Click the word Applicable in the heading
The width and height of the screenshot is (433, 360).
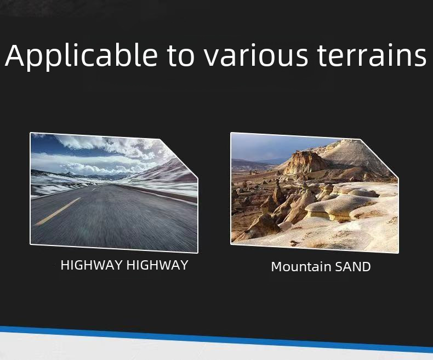81,56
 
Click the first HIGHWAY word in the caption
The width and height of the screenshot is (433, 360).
92,265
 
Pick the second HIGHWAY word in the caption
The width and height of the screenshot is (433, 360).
157,265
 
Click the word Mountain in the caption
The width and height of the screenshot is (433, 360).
301,267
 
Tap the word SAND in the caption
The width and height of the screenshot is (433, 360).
352,267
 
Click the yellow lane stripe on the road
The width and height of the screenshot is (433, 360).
58,211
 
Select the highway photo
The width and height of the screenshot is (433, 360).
114,192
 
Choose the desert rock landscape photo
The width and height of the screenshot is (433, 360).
314,192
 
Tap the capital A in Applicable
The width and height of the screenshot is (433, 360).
16,55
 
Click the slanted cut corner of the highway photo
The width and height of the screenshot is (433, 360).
179,159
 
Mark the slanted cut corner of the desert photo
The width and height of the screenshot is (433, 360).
379,159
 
